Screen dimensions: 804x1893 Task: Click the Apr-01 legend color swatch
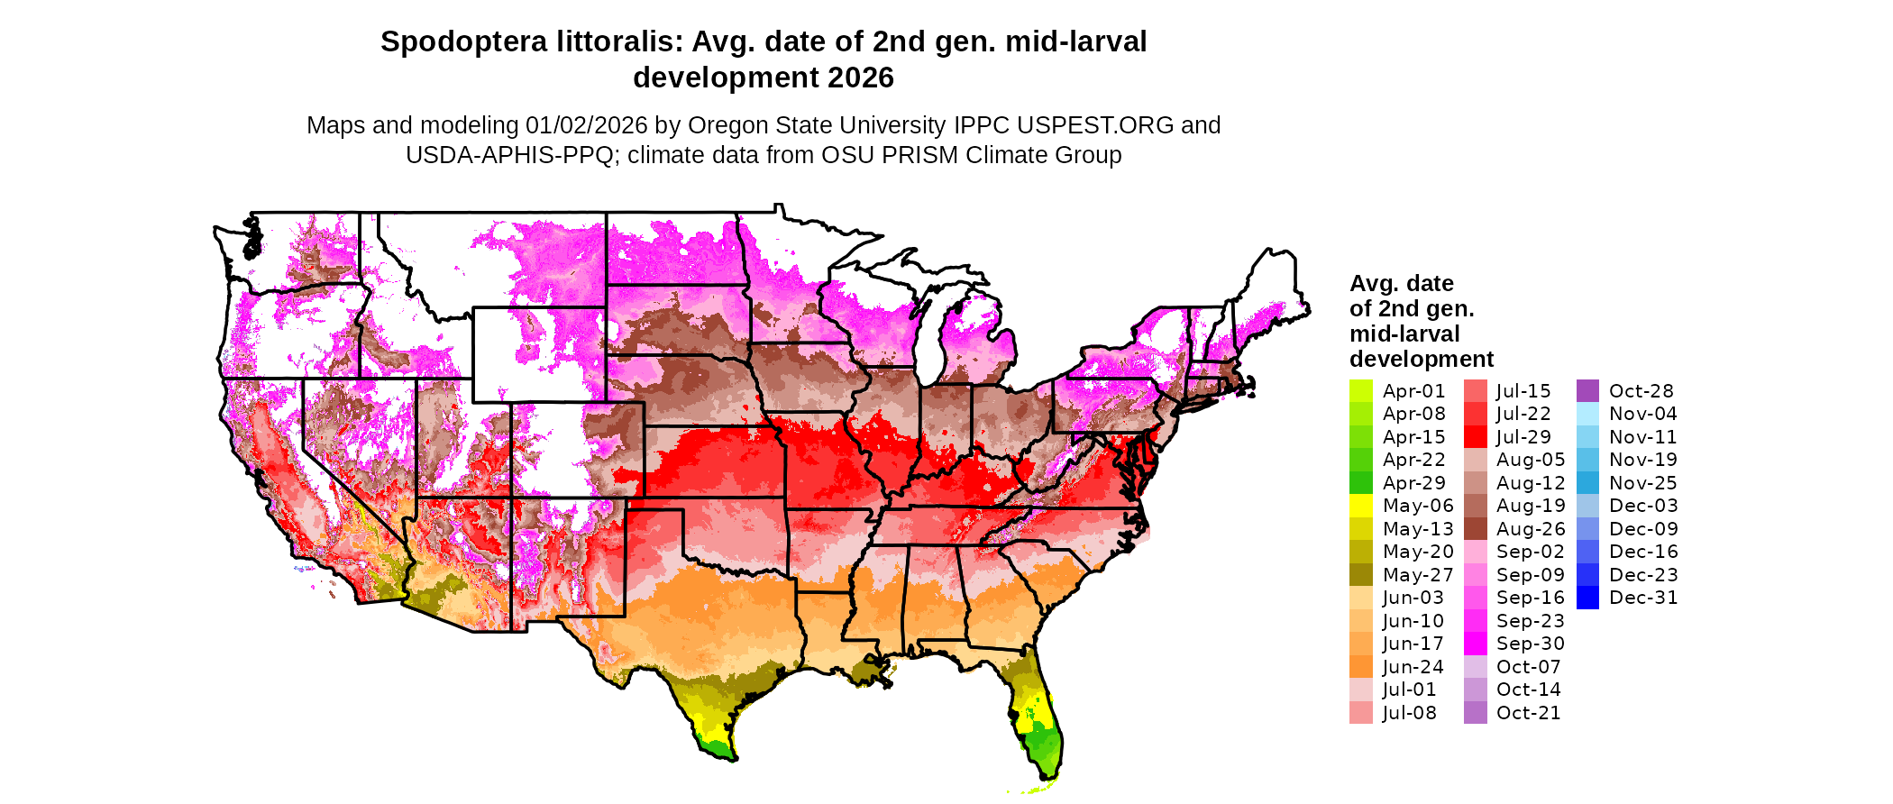click(1360, 391)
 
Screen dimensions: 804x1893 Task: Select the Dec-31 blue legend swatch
click(1587, 598)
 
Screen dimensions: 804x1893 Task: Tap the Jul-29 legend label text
click(1523, 437)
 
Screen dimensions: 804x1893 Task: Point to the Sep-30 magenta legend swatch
click(1475, 644)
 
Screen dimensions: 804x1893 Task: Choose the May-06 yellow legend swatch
click(1360, 506)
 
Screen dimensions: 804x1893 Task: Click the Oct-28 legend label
click(1641, 391)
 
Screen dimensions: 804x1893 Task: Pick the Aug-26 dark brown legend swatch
click(1475, 529)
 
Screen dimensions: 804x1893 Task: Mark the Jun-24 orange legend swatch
click(1360, 667)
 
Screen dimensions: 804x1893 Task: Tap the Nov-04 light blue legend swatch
click(1587, 414)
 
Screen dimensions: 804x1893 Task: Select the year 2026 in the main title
click(861, 78)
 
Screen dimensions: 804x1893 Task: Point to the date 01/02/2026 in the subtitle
click(587, 125)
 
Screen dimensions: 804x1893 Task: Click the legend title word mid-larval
click(1404, 334)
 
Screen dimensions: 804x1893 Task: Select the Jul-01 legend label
click(1409, 690)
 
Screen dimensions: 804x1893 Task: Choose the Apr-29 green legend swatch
click(1360, 483)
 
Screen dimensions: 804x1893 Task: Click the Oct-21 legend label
click(1528, 713)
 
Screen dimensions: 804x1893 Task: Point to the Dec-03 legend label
click(1642, 506)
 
